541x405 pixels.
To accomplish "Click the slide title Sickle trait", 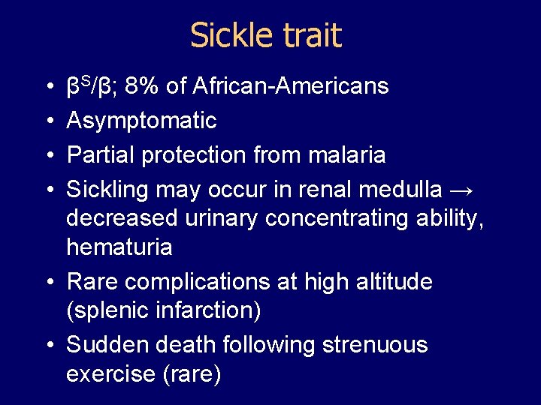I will pos(266,35).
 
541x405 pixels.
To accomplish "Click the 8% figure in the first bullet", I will pos(144,87).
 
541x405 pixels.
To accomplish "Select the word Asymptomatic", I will pos(141,121).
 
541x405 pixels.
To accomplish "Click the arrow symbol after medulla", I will pos(464,190).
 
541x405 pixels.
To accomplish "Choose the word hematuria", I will pos(119,247).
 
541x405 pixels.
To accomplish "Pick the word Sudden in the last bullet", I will pos(105,345).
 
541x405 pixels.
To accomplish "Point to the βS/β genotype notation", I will pos(91,86).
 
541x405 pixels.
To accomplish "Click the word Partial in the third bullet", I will pos(98,155).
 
